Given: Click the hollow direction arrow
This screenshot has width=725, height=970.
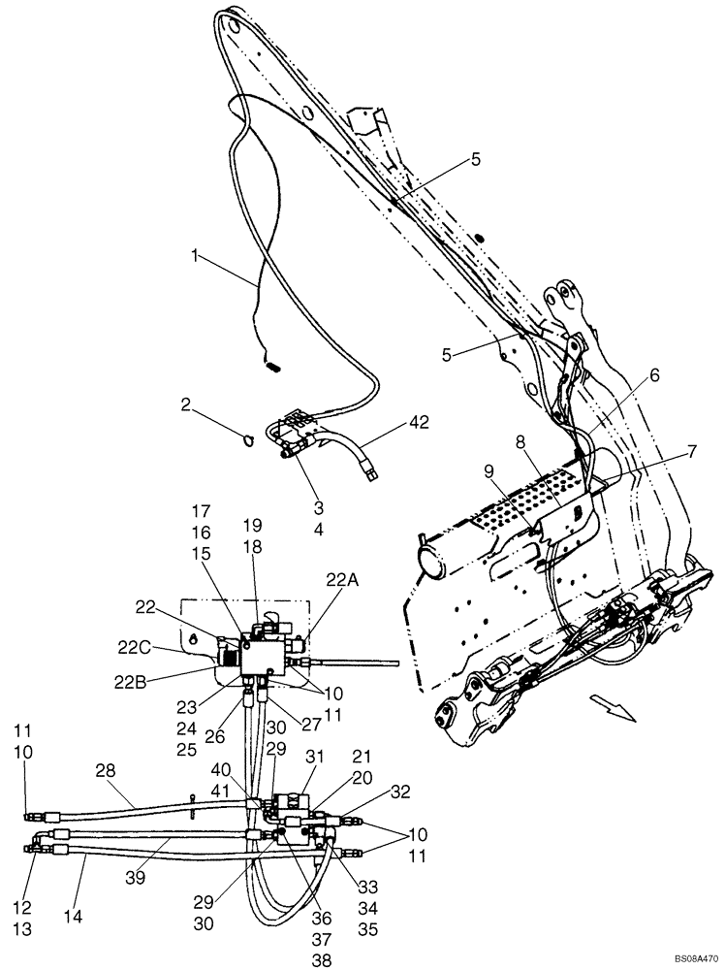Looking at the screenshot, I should pos(615,711).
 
